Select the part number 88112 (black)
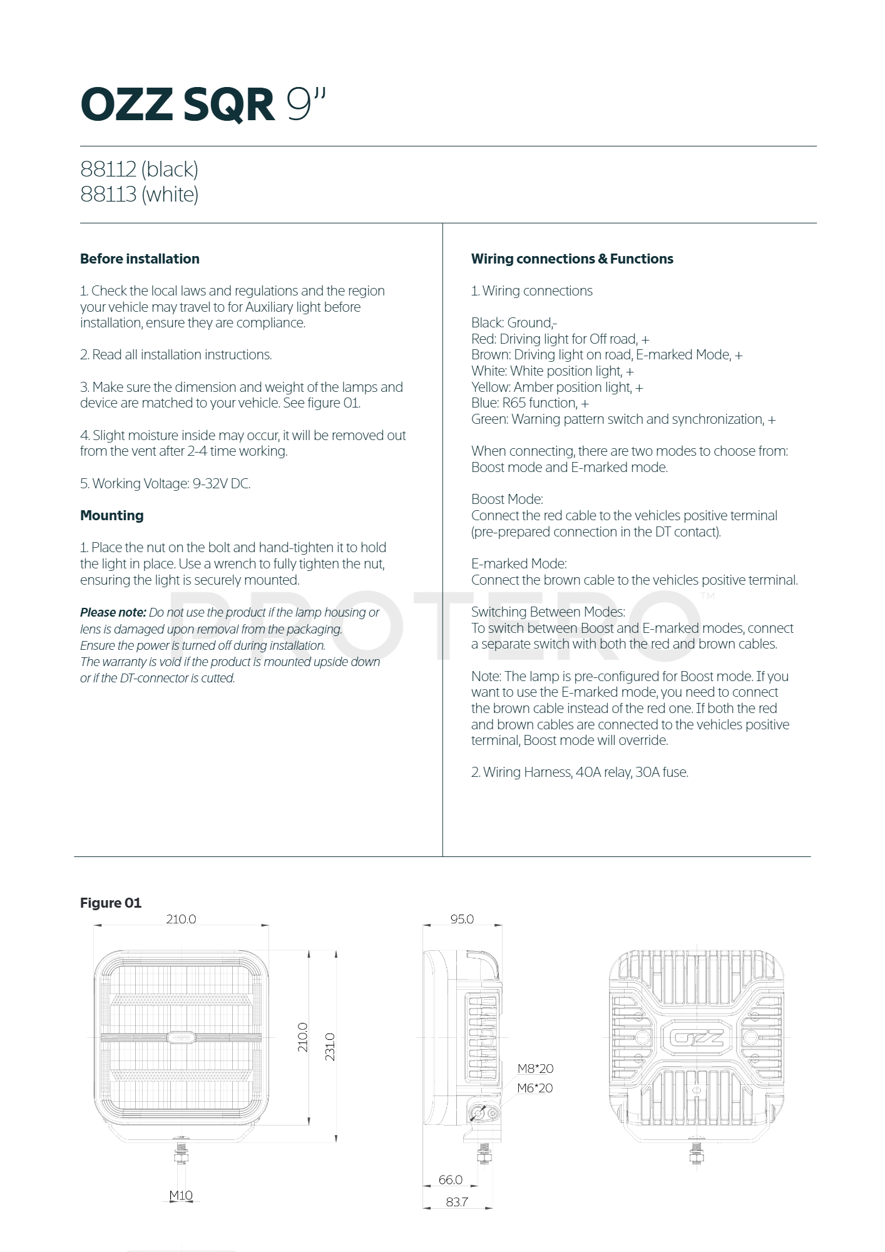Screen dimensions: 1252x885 pyautogui.click(x=139, y=169)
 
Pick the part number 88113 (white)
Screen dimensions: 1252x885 pyautogui.click(x=139, y=194)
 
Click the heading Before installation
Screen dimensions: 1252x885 pyautogui.click(x=140, y=259)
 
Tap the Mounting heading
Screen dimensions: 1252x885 pyautogui.click(x=111, y=515)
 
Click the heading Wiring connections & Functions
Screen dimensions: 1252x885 pyautogui.click(x=572, y=259)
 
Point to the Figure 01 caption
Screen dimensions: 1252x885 pyautogui.click(x=111, y=903)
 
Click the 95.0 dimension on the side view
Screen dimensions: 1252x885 pyautogui.click(x=462, y=919)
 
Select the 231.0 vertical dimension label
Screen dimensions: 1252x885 pyautogui.click(x=330, y=1047)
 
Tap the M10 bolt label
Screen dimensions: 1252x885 pyautogui.click(x=181, y=1195)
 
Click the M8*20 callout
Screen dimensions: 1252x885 pyautogui.click(x=535, y=1069)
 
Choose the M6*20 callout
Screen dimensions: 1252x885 pyautogui.click(x=535, y=1088)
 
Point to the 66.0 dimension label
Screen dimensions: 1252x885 pyautogui.click(x=450, y=1179)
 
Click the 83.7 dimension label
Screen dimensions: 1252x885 pyautogui.click(x=457, y=1202)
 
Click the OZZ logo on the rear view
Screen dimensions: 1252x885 pyautogui.click(x=696, y=1038)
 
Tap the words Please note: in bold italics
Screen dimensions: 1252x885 pyautogui.click(x=113, y=612)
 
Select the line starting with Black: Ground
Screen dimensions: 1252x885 pyautogui.click(x=514, y=322)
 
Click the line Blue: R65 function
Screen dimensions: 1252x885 pyautogui.click(x=529, y=403)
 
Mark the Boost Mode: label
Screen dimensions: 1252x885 pyautogui.click(x=507, y=499)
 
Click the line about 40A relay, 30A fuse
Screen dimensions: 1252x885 pyautogui.click(x=580, y=772)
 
